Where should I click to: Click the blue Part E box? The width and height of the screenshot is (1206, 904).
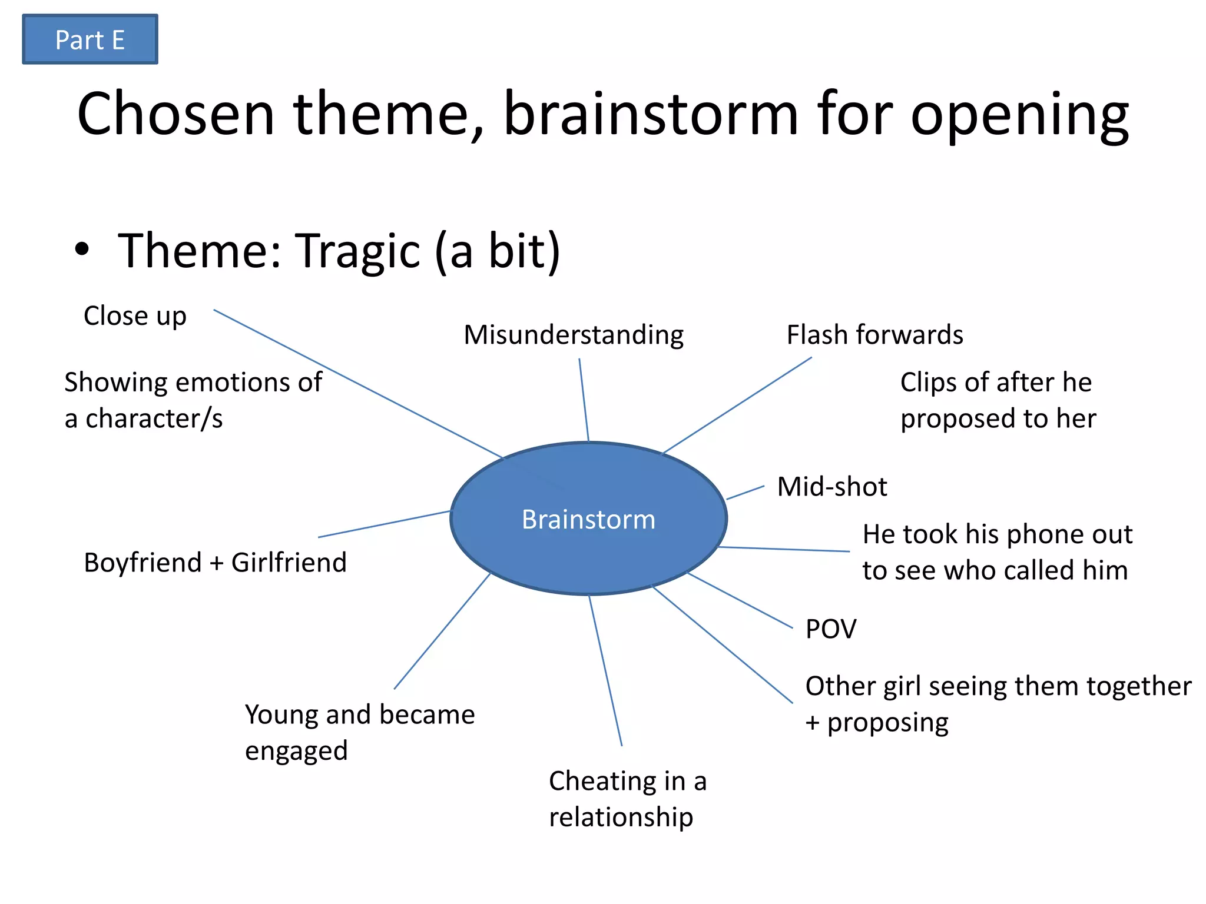[x=90, y=39]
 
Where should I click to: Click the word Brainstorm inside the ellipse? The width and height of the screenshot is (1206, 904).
[x=588, y=520]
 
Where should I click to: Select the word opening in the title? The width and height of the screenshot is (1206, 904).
[x=1019, y=115]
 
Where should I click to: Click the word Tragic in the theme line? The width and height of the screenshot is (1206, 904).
[x=357, y=251]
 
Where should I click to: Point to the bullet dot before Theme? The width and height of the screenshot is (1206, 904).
[x=82, y=249]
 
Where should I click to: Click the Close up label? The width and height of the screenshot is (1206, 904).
[x=135, y=316]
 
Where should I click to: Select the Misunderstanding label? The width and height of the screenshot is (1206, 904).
[x=574, y=335]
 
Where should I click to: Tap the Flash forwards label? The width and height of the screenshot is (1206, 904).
[x=874, y=335]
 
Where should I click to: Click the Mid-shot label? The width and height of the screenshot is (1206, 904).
[x=831, y=487]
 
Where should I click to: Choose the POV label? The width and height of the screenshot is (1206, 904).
[x=831, y=629]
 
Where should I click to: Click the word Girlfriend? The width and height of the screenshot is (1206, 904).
[x=289, y=563]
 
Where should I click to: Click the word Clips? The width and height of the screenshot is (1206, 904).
[x=927, y=383]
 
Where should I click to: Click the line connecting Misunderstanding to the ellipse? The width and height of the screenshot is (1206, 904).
[x=584, y=400]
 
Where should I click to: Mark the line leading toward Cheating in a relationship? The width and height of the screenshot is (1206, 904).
[x=605, y=671]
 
